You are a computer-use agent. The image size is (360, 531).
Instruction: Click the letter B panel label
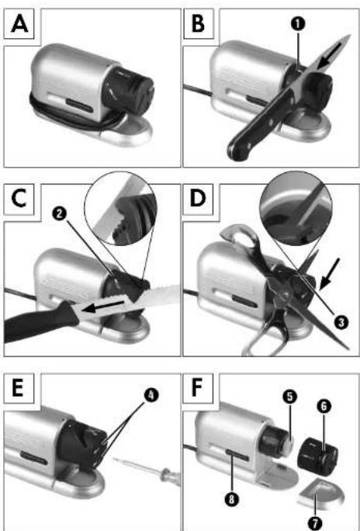coord(199,24)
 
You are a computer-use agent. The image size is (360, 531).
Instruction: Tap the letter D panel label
coord(198,199)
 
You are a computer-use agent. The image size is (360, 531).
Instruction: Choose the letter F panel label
coord(198,389)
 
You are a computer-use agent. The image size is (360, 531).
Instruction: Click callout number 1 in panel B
coord(299,24)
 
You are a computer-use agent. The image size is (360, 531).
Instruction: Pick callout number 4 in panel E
coord(151,395)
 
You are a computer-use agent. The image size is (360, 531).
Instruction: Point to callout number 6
coord(324,407)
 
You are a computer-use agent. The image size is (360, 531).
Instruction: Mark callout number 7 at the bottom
coord(316,523)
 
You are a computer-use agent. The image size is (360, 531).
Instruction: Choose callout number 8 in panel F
coord(230,499)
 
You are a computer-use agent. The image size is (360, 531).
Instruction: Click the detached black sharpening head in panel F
coord(317,456)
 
